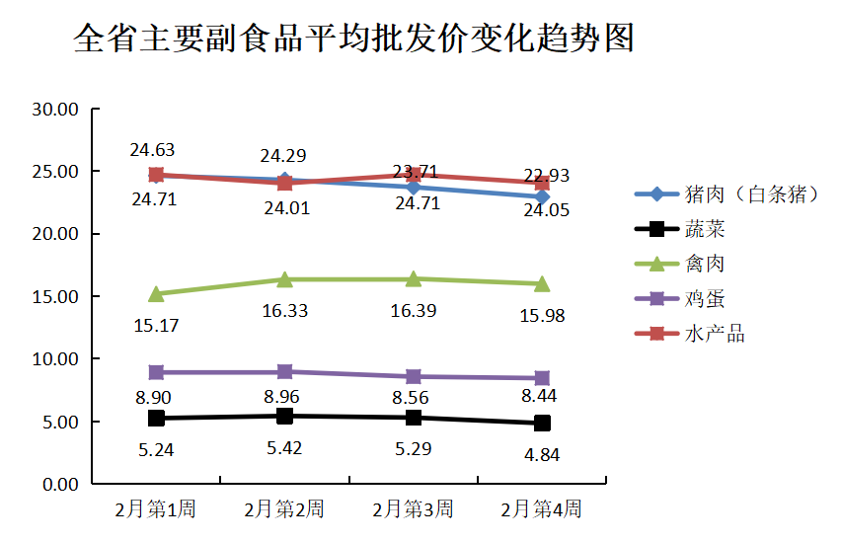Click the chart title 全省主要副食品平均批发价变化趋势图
pos(353,39)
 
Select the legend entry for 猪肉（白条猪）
pos(751,194)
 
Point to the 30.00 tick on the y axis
pos(55,109)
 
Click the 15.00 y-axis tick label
pos(55,296)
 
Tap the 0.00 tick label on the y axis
pos(60,484)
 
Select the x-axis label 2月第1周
pos(155,509)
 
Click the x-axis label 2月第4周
pos(541,509)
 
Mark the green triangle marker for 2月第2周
pos(284,279)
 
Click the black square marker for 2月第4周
pos(542,423)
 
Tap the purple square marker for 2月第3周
pos(413,376)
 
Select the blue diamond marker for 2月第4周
pos(542,197)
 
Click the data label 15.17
pos(155,325)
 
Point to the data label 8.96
pos(284,397)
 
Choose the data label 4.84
pos(542,455)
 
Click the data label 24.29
pos(284,155)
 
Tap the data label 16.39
pos(413,310)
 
